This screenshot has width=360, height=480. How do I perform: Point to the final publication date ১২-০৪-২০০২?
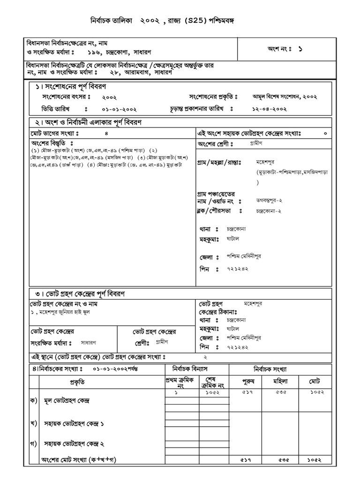270,109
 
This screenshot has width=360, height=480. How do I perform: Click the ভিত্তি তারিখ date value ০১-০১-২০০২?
119,109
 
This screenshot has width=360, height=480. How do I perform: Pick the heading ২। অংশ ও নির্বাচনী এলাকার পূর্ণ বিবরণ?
88,122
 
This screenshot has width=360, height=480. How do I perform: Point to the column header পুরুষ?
247,382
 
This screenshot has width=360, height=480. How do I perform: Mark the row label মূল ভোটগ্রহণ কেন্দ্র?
66,402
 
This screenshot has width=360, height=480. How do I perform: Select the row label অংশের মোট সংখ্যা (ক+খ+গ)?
79,459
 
